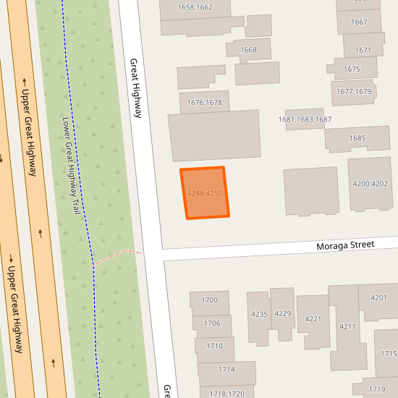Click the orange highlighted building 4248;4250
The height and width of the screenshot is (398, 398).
(204, 192)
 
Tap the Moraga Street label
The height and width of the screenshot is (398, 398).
(345, 246)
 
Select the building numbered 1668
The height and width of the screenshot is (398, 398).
(248, 50)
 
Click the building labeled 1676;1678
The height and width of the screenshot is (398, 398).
(205, 102)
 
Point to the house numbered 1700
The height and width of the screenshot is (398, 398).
(210, 300)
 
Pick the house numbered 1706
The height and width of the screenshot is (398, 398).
(212, 323)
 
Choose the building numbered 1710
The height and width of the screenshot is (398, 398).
(214, 347)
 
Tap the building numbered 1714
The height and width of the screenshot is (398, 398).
(226, 370)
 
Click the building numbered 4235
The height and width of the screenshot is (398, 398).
(259, 314)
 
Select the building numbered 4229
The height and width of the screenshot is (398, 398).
(282, 313)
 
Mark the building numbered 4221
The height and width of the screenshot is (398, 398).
(313, 319)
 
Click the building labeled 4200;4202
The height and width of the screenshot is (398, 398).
(370, 184)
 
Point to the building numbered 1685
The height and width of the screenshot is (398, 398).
(357, 138)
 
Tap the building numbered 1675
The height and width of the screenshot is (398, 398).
(352, 69)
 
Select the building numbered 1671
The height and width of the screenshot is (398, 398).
(363, 50)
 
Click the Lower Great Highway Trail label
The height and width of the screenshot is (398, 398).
(70, 165)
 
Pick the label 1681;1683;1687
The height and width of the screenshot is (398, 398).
(305, 119)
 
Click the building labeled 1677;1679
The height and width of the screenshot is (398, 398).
(353, 92)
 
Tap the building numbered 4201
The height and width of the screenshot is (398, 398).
(378, 298)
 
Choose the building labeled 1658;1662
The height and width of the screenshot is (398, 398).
(195, 8)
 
